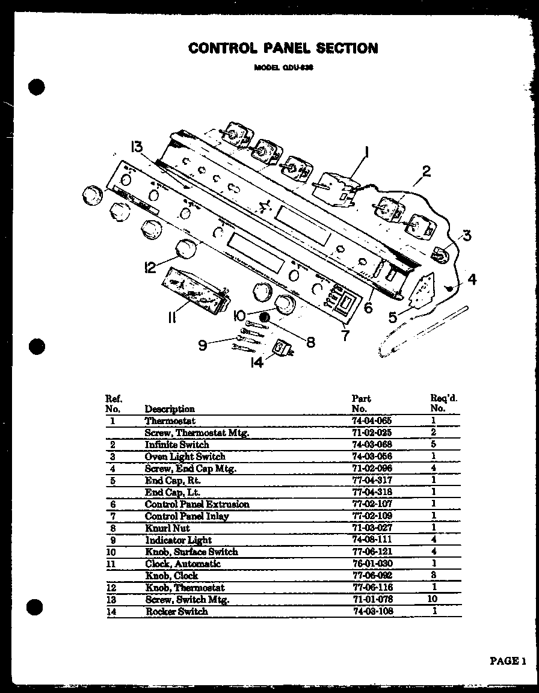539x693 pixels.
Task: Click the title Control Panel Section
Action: click(x=283, y=48)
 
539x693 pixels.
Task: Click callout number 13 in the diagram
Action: click(x=138, y=148)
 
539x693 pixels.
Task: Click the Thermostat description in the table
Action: click(x=170, y=421)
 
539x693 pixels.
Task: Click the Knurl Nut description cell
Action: click(x=167, y=528)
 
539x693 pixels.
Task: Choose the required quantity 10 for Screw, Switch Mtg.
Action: click(x=433, y=599)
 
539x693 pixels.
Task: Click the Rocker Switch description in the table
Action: click(x=176, y=611)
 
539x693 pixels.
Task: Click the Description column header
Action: click(x=170, y=409)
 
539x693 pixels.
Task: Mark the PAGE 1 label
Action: click(x=508, y=661)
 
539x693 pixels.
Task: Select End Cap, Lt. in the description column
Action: click(x=173, y=492)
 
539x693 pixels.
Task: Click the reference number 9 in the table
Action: click(x=113, y=540)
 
